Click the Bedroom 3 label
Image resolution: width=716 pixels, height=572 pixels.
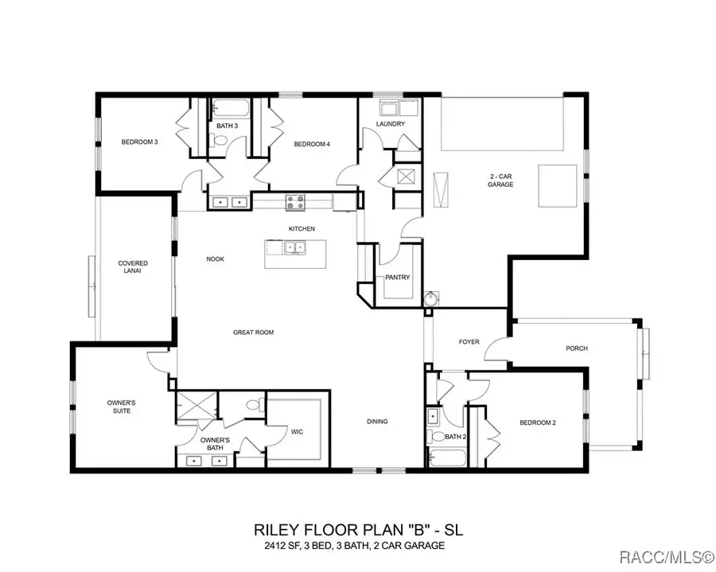click(139, 142)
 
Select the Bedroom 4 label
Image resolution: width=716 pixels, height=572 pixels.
click(312, 144)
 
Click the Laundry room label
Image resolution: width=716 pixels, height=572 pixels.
click(391, 124)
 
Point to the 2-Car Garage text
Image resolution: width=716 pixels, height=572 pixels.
click(500, 180)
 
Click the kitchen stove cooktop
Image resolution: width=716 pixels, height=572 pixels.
click(295, 202)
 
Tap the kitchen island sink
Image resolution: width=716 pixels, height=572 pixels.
click(295, 248)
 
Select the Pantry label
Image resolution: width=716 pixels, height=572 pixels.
click(397, 278)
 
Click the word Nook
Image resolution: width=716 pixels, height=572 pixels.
click(215, 259)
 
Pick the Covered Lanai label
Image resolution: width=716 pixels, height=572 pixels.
click(133, 267)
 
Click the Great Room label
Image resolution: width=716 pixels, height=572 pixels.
click(253, 333)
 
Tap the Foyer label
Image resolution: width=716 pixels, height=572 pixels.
click(469, 342)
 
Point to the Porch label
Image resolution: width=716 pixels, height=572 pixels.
click(577, 348)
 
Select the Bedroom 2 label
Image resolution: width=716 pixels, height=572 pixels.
click(538, 422)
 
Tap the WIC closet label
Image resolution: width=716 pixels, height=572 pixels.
click(298, 431)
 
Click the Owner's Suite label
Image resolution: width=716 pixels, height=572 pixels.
click(121, 407)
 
